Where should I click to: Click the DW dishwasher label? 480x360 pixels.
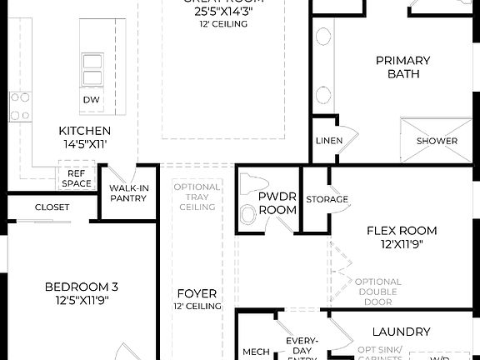tap(92, 100)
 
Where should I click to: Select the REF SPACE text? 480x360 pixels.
tap(77, 177)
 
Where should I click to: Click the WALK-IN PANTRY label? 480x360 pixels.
tap(128, 193)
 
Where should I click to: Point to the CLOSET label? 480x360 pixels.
tap(52, 207)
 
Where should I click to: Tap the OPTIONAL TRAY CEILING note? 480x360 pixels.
tap(197, 197)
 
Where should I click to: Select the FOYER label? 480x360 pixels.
tap(197, 293)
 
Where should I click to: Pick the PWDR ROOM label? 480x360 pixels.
tap(277, 203)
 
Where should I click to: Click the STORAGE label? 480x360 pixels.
tap(327, 199)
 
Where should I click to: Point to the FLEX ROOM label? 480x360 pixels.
tap(402, 231)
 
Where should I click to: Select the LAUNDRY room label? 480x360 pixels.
tap(401, 332)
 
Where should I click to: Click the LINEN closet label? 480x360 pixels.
tap(328, 141)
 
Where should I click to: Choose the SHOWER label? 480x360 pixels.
tap(437, 141)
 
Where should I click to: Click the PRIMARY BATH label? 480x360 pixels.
tap(402, 67)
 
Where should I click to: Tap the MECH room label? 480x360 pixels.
tap(256, 352)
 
